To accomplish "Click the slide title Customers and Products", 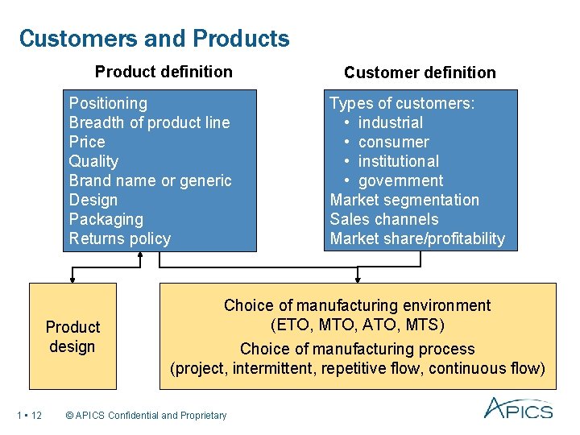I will pyautogui.click(x=154, y=39).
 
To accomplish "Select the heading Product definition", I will pyautogui.click(x=164, y=72).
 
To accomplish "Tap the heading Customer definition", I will pyautogui.click(x=420, y=72).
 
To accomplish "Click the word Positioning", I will pyautogui.click(x=108, y=103).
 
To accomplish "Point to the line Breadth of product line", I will pyautogui.click(x=149, y=122).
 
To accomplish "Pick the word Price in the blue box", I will pyautogui.click(x=87, y=142).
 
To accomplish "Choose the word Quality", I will pyautogui.click(x=93, y=161).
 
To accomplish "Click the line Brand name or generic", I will pyautogui.click(x=150, y=180).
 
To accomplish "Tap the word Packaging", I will pyautogui.click(x=106, y=219).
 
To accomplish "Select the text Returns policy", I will pyautogui.click(x=120, y=238).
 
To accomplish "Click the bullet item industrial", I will pyautogui.click(x=390, y=122).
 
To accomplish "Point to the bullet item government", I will pyautogui.click(x=400, y=180).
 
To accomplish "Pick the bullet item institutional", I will pyautogui.click(x=398, y=161).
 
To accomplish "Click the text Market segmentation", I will pyautogui.click(x=404, y=200).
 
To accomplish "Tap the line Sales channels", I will pyautogui.click(x=384, y=219).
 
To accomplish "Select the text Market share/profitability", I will pyautogui.click(x=417, y=238).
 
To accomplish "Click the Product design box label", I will pyautogui.click(x=72, y=337).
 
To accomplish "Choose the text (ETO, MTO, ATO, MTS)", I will pyautogui.click(x=357, y=325).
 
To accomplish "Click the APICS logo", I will pyautogui.click(x=518, y=408).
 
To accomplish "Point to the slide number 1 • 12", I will pyautogui.click(x=29, y=416).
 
